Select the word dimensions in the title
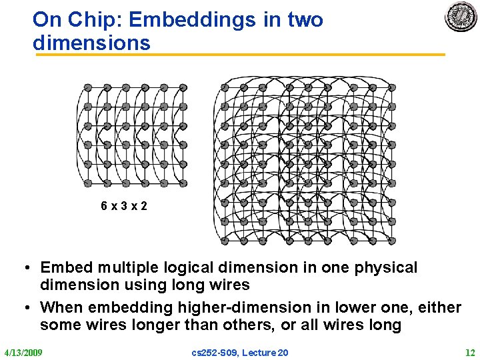coord(91,43)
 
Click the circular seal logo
coord(461,17)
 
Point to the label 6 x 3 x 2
coord(124,206)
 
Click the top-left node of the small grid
coord(87,88)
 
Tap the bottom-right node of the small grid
coord(183,183)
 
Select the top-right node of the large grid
coord(392,88)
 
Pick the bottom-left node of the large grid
coord(225,241)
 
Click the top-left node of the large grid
coord(225,88)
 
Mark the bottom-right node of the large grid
coord(392,241)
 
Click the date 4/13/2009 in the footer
coord(23,352)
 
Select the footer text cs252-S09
coord(213,352)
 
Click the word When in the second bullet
coord(63,308)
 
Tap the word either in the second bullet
coord(435,308)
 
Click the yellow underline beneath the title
coord(240,55)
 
